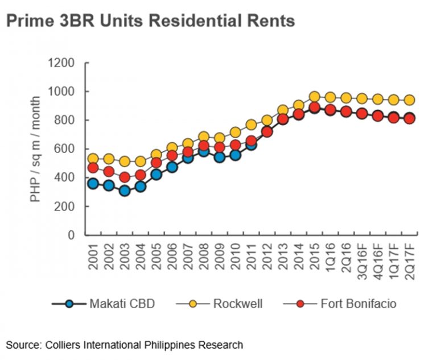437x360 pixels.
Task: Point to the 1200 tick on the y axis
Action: click(x=64, y=63)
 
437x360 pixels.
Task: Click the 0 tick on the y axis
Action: click(x=72, y=235)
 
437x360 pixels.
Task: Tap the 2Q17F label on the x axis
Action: click(x=409, y=259)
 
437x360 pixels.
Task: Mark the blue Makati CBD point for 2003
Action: click(x=125, y=191)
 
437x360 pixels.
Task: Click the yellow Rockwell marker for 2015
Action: click(x=314, y=97)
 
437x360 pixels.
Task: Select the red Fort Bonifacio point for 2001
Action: click(x=93, y=168)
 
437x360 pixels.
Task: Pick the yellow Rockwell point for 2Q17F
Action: click(x=409, y=100)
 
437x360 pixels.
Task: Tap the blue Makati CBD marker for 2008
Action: click(x=204, y=151)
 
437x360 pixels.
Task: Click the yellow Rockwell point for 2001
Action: click(x=93, y=159)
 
